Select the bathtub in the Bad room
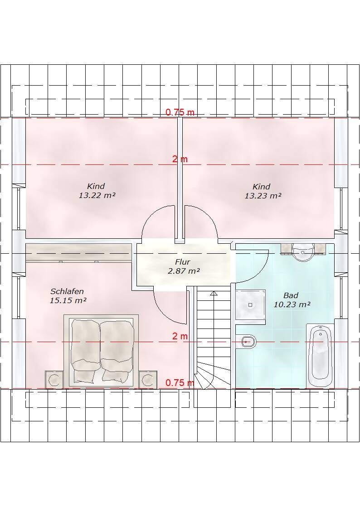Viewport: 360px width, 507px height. click(320, 356)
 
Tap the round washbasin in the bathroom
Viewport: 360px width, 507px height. click(303, 252)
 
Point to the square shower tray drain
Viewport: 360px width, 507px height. click(250, 305)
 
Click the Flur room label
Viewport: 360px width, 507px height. click(182, 261)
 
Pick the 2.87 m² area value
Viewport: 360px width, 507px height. click(183, 271)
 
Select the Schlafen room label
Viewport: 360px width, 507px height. click(67, 291)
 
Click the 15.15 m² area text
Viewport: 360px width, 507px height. click(68, 300)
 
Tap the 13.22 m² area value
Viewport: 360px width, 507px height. click(97, 195)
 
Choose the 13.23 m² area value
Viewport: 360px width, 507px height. click(263, 196)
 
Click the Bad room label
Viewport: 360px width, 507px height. click(291, 295)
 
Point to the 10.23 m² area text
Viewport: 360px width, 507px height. click(292, 304)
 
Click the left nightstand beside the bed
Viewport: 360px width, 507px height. click(54, 379)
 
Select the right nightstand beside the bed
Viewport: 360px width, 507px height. click(147, 379)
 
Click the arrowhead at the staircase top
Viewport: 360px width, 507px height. click(214, 294)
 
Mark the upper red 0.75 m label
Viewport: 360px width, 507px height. click(180, 112)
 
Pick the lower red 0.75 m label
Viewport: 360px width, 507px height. click(180, 383)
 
